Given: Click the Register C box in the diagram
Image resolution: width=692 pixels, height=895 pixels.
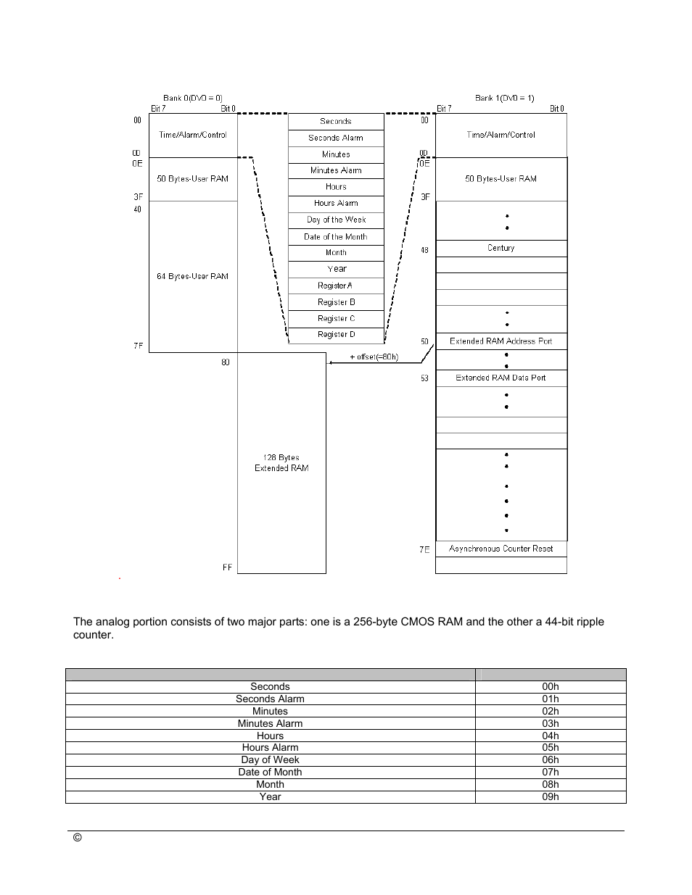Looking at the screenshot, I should (x=336, y=319).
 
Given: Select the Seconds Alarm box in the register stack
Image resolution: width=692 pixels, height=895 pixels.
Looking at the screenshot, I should (x=336, y=138).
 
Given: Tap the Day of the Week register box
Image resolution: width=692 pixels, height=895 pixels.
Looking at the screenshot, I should (x=336, y=220).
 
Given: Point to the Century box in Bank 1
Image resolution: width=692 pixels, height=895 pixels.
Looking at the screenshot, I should (x=501, y=248).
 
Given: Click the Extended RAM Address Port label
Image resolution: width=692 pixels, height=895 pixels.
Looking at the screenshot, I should (x=501, y=341).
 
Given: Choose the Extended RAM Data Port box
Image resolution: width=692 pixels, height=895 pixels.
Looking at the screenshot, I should (x=501, y=378).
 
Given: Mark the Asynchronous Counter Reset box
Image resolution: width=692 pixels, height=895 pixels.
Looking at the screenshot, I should (x=501, y=549).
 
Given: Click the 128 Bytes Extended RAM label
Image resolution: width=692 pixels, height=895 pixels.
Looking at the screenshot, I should (x=281, y=463).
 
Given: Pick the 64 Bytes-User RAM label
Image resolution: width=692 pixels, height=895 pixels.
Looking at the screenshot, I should (x=193, y=276).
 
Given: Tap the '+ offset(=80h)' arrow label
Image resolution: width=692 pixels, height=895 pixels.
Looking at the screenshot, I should (x=374, y=357).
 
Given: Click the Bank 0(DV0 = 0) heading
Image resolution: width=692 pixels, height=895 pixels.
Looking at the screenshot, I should (x=193, y=98).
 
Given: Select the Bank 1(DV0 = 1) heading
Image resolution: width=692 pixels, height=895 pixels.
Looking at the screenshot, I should (x=505, y=98).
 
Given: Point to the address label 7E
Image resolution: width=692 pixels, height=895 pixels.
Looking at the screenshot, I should (x=424, y=549).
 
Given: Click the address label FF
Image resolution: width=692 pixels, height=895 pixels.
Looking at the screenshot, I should (x=227, y=567).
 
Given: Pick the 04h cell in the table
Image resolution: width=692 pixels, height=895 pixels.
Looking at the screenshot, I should (x=551, y=736).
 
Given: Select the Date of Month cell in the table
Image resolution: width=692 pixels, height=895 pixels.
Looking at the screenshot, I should (x=270, y=772).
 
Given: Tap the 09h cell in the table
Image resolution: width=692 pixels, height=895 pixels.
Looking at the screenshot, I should (x=551, y=796).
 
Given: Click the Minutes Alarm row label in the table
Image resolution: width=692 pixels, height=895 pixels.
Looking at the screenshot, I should (x=270, y=723).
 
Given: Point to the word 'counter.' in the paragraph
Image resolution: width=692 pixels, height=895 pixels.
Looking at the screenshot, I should (x=94, y=635).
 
